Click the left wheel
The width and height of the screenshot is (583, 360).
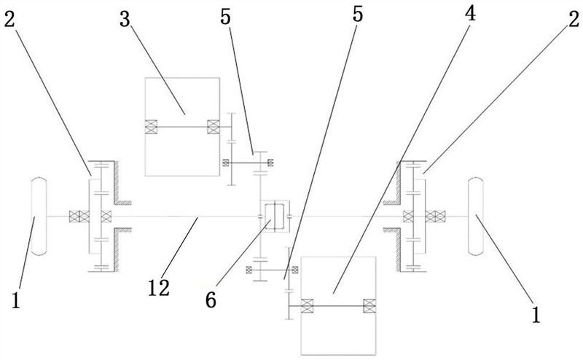click(39, 216)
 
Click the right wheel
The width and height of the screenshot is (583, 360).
click(476, 216)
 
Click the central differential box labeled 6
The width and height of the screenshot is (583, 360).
click(275, 217)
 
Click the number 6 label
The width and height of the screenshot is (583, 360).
click(211, 300)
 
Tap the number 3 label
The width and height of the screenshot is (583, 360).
click(125, 19)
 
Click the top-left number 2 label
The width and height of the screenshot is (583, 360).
click(9, 19)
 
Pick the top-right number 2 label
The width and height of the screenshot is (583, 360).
click(574, 19)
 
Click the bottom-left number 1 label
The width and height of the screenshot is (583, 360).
click(15, 300)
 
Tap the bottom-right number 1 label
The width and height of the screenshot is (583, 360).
click(536, 315)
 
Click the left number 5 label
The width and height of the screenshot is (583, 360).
click(225, 17)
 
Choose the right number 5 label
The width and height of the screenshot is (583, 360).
click(357, 14)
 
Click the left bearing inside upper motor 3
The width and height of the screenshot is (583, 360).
click(151, 127)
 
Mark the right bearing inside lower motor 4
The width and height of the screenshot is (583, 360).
click(369, 305)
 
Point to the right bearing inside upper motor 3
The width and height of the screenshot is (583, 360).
click(214, 127)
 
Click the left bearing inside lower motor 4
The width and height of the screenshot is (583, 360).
click(307, 305)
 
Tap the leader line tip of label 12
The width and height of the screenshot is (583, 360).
click(197, 218)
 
